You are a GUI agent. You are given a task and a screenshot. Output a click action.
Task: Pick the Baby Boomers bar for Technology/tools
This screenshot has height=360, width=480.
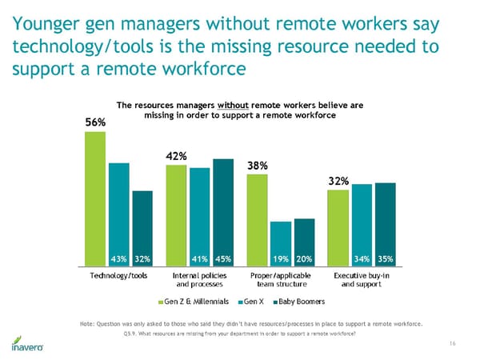pyautogui.click(x=142, y=227)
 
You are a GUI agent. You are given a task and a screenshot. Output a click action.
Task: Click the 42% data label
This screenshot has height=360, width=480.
pyautogui.click(x=176, y=156)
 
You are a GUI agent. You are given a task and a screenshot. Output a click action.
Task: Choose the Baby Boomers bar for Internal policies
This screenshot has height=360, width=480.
pyautogui.click(x=223, y=212)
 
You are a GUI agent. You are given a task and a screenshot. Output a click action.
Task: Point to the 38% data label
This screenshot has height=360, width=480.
pyautogui.click(x=258, y=166)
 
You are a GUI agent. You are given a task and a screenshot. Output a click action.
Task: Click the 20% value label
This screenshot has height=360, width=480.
pyautogui.click(x=304, y=258)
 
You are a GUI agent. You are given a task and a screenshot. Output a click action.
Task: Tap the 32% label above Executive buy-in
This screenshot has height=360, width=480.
pyautogui.click(x=338, y=181)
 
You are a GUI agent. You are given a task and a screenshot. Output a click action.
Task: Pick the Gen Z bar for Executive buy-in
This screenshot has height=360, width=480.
pyautogui.click(x=338, y=227)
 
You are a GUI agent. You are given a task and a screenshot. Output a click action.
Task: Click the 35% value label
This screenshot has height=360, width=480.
pyautogui.click(x=385, y=258)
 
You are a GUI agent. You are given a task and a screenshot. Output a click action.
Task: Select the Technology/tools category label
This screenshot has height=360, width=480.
pyautogui.click(x=118, y=274)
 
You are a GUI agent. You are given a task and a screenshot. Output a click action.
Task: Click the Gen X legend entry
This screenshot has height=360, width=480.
pyautogui.click(x=251, y=302)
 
